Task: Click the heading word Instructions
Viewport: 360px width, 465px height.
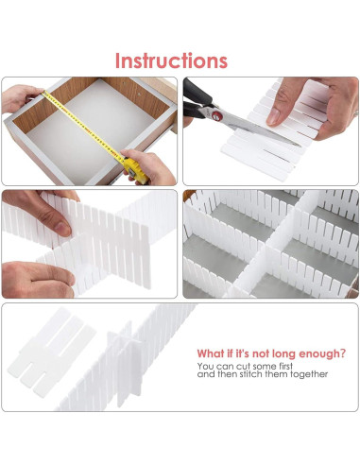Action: [x=171, y=60]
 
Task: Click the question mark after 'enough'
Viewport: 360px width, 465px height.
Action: [x=343, y=353]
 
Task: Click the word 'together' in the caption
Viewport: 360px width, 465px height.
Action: [x=309, y=374]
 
